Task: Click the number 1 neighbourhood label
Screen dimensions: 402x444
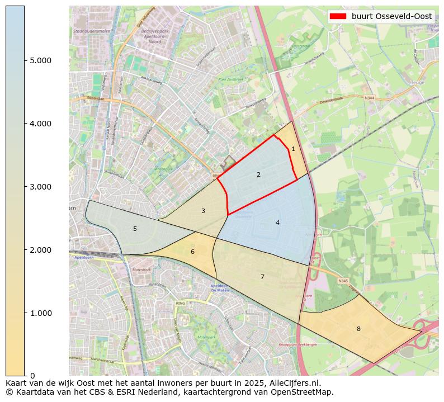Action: [293, 149]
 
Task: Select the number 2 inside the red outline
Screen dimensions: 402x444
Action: [258, 175]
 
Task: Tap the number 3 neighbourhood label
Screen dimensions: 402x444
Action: [203, 211]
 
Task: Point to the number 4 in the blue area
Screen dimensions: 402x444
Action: [277, 223]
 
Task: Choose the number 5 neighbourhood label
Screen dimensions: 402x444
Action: [135, 229]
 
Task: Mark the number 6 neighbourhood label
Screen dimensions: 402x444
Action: [192, 252]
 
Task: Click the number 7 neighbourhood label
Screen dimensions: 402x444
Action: [262, 277]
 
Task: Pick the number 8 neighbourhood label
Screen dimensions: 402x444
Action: [358, 329]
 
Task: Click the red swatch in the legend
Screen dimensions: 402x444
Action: [339, 16]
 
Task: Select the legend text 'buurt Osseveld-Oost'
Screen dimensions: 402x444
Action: [391, 16]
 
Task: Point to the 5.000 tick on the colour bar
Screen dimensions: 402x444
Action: [40, 60]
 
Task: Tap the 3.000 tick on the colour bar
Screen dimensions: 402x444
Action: [40, 187]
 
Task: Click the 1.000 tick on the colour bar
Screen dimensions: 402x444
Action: [40, 313]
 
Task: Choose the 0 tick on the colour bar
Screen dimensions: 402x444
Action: [32, 376]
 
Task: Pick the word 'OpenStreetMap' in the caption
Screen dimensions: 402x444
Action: [305, 392]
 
